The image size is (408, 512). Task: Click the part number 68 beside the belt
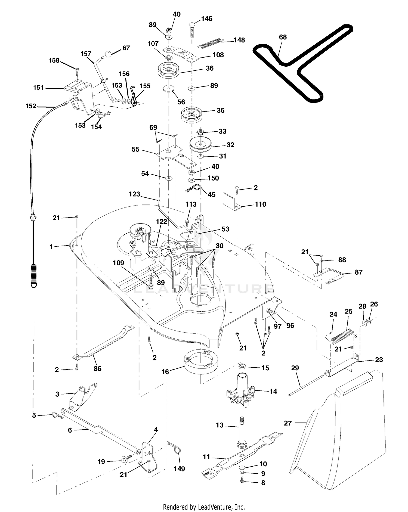(283, 37)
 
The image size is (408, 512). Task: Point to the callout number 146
(207, 19)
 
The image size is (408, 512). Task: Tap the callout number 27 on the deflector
(288, 423)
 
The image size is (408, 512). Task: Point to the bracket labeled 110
(232, 201)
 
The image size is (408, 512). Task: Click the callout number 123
(134, 194)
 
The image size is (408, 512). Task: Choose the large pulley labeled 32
(200, 144)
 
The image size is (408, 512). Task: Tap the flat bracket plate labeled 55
(176, 156)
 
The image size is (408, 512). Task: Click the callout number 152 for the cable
(31, 106)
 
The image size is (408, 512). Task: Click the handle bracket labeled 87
(329, 276)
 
